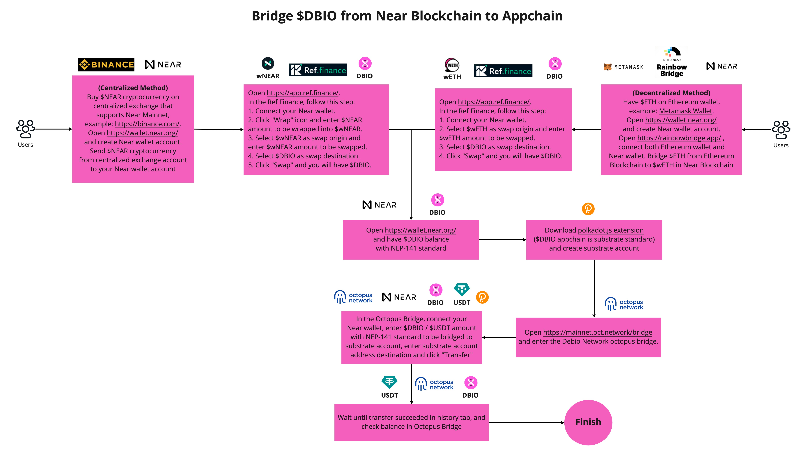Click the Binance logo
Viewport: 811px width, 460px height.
point(106,65)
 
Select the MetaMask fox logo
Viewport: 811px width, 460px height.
point(607,67)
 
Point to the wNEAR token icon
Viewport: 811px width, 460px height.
point(268,64)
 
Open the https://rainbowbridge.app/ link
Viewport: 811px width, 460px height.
point(679,138)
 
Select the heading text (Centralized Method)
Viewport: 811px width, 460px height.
point(133,88)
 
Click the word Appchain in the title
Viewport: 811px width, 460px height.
point(532,16)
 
